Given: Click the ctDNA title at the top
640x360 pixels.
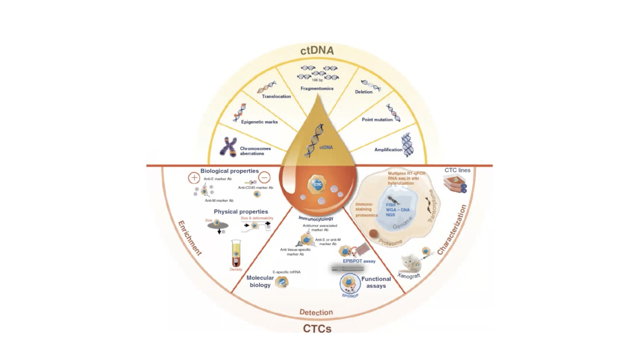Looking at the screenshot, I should [x=317, y=50].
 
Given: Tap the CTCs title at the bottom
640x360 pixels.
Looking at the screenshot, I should [x=317, y=328].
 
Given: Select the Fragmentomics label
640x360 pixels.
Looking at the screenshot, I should [x=317, y=88].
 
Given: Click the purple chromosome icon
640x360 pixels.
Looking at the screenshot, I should [x=228, y=147].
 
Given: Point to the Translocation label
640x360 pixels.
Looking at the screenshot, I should [x=276, y=96].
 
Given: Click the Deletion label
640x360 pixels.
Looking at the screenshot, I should [x=364, y=92].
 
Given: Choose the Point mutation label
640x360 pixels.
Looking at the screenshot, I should [x=377, y=120].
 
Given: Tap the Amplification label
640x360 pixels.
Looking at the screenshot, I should [x=388, y=150].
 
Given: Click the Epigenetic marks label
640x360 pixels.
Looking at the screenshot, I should [x=259, y=122].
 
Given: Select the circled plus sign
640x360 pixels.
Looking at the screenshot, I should [x=194, y=178].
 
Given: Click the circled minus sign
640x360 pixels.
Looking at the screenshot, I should [x=264, y=177].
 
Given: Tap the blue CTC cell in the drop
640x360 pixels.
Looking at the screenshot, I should [x=317, y=185].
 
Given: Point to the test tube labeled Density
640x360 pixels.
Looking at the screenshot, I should [x=236, y=254].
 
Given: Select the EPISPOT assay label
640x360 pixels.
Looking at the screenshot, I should [x=359, y=261].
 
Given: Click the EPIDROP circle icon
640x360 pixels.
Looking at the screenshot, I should [x=350, y=284].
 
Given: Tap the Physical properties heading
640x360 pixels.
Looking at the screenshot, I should [x=240, y=212].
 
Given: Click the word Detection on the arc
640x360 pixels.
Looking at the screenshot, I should [x=316, y=312].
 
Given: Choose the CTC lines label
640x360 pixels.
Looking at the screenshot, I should [x=457, y=170].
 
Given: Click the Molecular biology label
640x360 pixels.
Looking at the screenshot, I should [x=260, y=281].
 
